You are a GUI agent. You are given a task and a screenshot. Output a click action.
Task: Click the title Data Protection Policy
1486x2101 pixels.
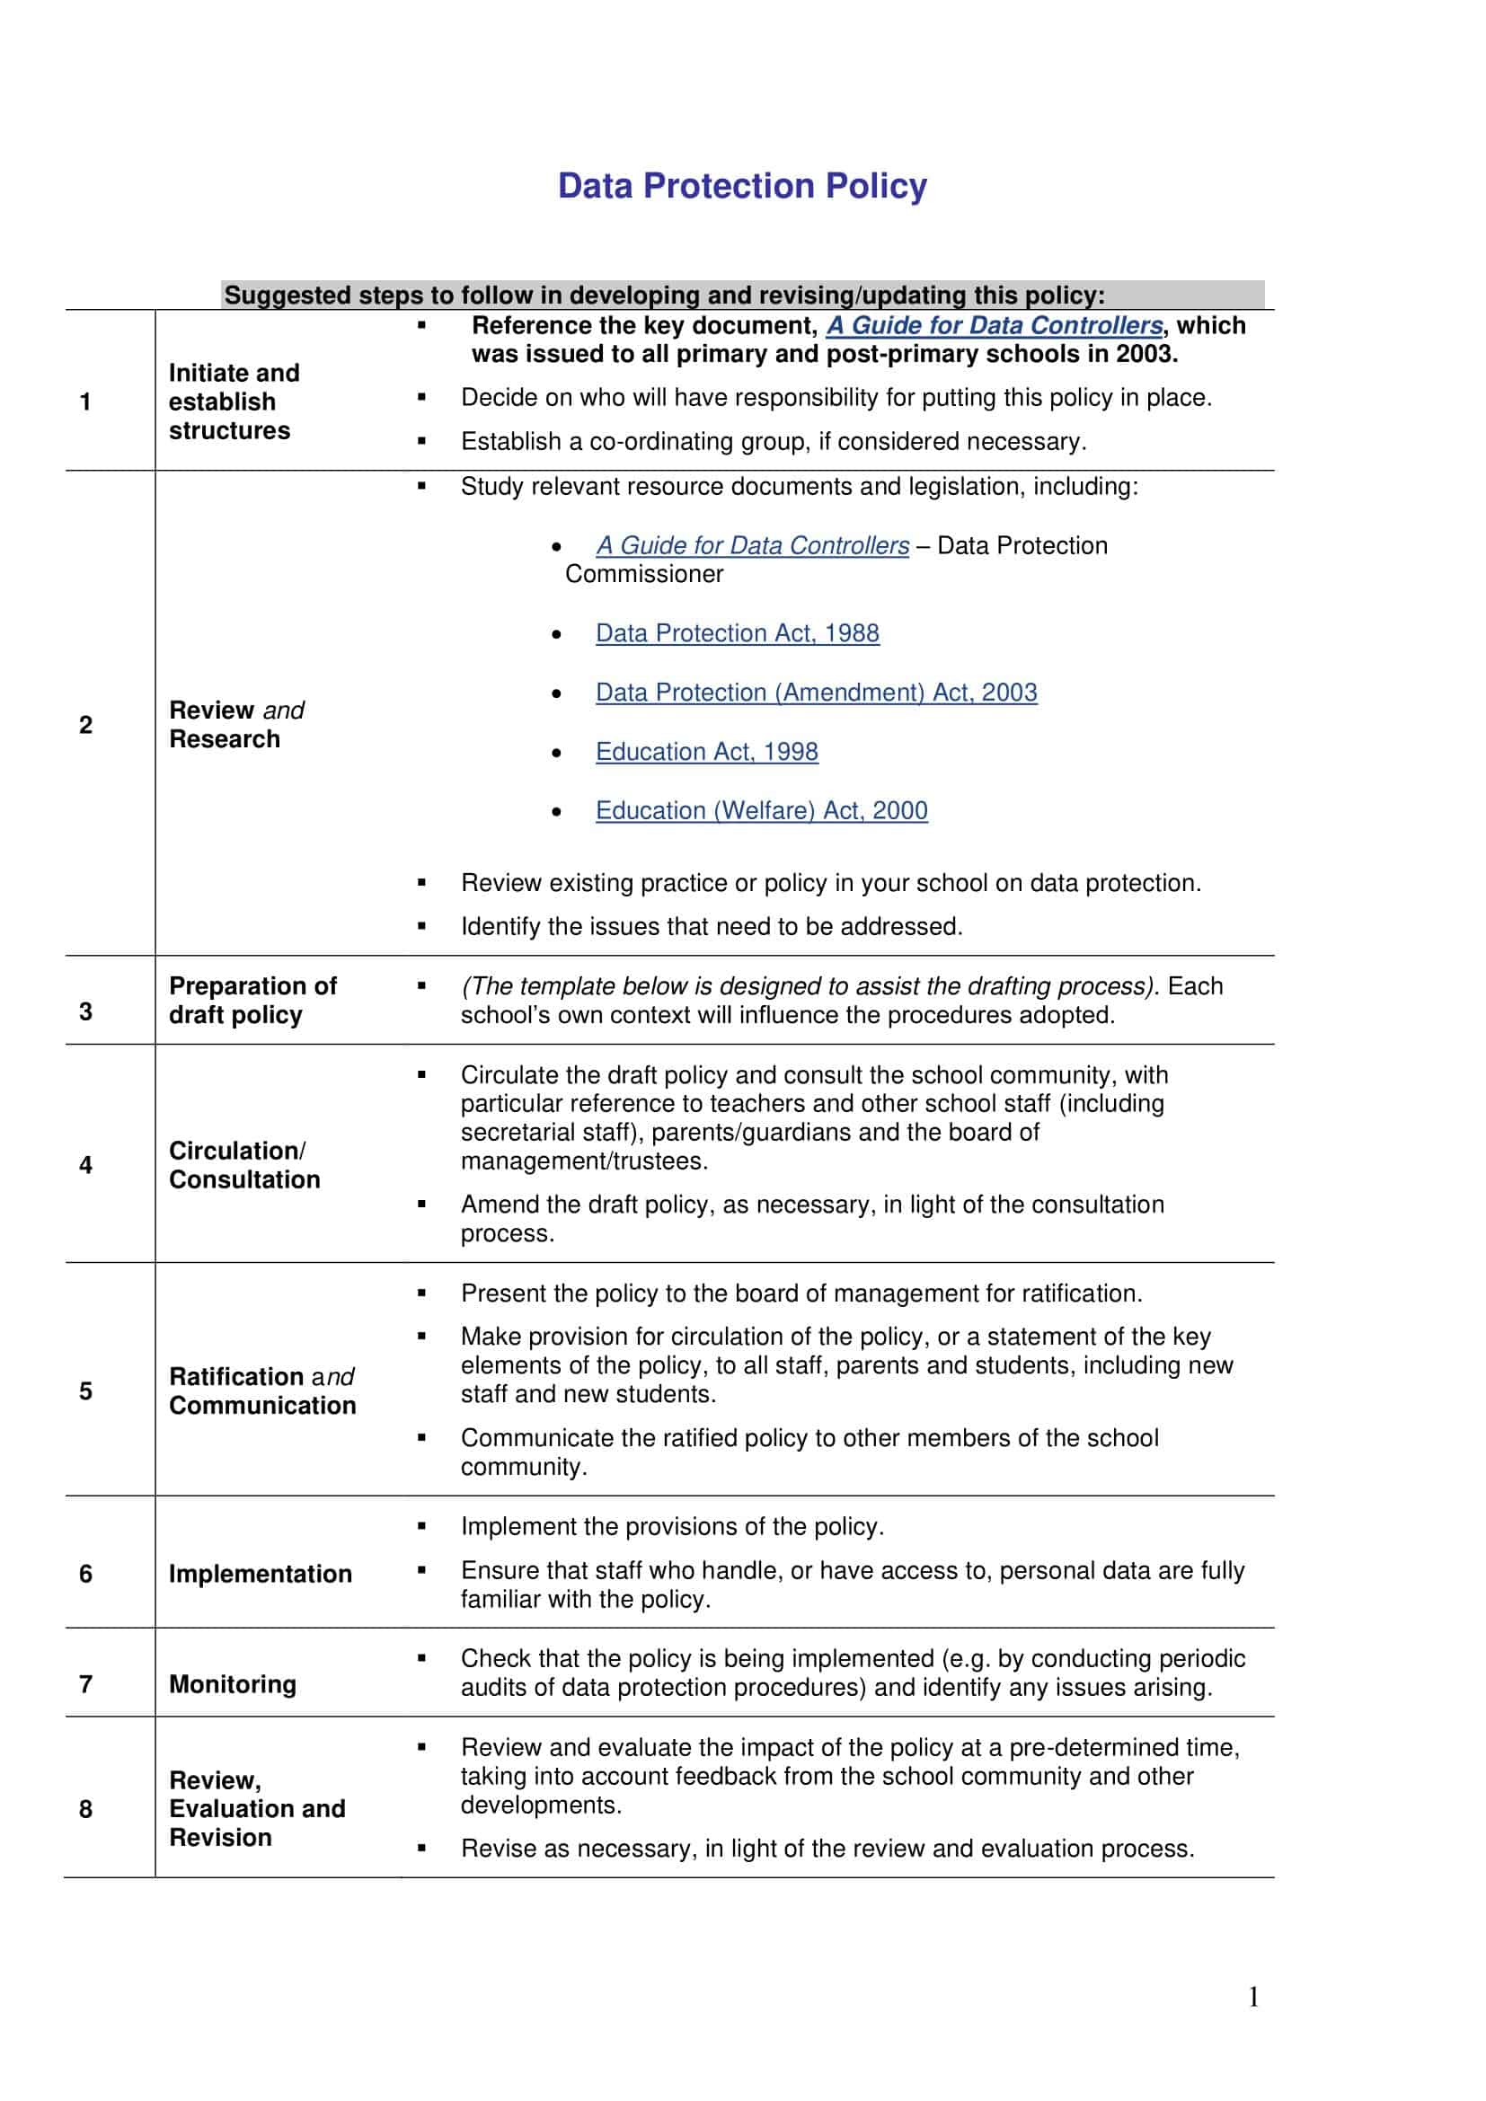pos(742,186)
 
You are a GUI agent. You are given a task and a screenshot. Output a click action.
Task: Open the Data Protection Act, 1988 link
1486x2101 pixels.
pos(737,633)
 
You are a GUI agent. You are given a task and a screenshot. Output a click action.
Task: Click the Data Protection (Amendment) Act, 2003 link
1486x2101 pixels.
pos(816,693)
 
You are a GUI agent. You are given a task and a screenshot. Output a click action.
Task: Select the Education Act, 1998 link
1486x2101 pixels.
pos(706,752)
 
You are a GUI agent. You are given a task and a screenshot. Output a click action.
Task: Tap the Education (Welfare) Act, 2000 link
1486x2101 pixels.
pos(761,811)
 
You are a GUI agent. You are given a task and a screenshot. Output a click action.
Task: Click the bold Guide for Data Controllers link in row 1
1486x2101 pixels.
pos(995,326)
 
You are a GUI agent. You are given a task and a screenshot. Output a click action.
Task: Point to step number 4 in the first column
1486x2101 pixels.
pos(86,1165)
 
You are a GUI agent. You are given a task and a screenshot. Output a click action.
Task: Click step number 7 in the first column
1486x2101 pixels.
pos(86,1683)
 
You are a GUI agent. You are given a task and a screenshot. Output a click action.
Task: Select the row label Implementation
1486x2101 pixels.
pos(261,1574)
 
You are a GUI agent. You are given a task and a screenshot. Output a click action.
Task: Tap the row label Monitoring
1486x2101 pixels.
pos(234,1683)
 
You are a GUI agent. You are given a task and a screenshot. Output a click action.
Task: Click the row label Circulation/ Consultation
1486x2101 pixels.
pos(244,1165)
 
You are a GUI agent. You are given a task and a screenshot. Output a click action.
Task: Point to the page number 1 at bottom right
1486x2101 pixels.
pos(1253,1997)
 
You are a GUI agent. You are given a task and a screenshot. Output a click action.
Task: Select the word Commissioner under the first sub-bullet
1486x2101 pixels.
pos(644,575)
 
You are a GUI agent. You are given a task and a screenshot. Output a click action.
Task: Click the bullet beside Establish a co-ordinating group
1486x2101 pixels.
pos(422,442)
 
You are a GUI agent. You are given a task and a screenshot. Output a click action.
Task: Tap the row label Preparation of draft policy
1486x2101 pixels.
pos(252,1000)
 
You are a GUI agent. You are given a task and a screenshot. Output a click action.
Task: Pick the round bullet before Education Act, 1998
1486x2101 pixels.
pos(556,753)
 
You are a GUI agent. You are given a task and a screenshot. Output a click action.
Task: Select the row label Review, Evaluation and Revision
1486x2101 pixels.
pos(257,1808)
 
